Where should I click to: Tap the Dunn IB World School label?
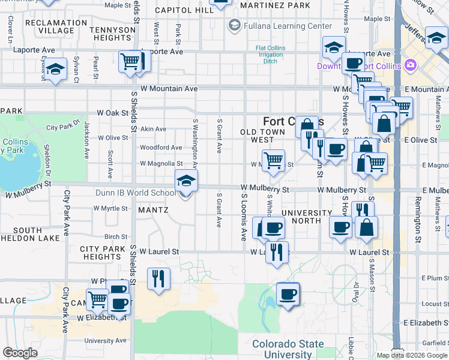pyautogui.click(x=136, y=193)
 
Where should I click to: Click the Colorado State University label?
pyautogui.click(x=288, y=349)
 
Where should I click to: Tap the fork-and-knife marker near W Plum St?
pyautogui.click(x=158, y=278)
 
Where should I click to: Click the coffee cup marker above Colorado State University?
pyautogui.click(x=288, y=294)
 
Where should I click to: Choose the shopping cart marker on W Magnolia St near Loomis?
pyautogui.click(x=273, y=161)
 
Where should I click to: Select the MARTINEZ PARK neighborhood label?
pyautogui.click(x=275, y=5)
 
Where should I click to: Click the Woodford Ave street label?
pyautogui.click(x=161, y=148)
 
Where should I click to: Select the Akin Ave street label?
pyautogui.click(x=153, y=129)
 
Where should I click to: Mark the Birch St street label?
pyautogui.click(x=116, y=237)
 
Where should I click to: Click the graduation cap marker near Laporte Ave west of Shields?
pyautogui.click(x=55, y=70)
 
